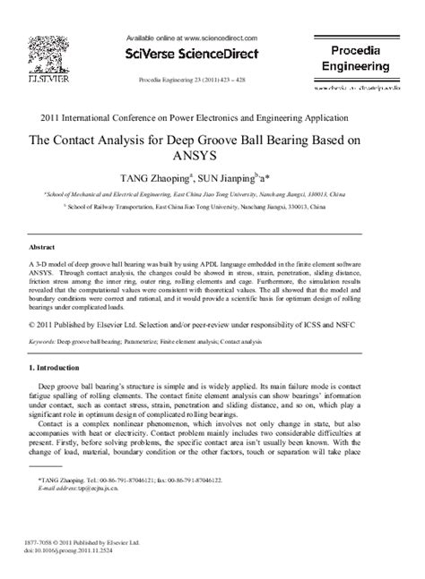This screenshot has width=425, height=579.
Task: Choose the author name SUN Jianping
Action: [x=246, y=177]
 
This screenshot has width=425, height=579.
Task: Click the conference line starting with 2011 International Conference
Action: [x=212, y=118]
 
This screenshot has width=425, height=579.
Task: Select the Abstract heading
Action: [x=44, y=245]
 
